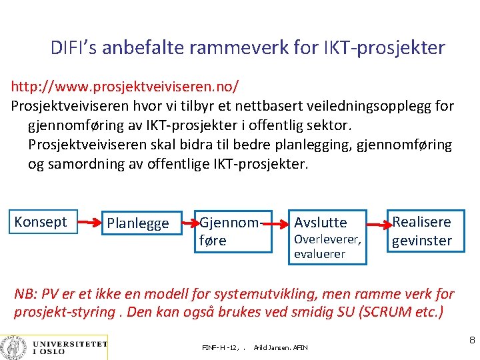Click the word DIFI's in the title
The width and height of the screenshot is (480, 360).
point(75,48)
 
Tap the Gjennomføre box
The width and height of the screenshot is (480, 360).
point(233,231)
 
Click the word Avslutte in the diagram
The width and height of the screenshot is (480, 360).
point(321,222)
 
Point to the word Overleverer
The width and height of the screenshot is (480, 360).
point(327,239)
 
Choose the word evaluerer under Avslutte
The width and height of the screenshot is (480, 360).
point(320,254)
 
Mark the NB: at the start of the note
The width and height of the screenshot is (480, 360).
point(25,294)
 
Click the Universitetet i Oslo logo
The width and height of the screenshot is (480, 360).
point(54,346)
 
